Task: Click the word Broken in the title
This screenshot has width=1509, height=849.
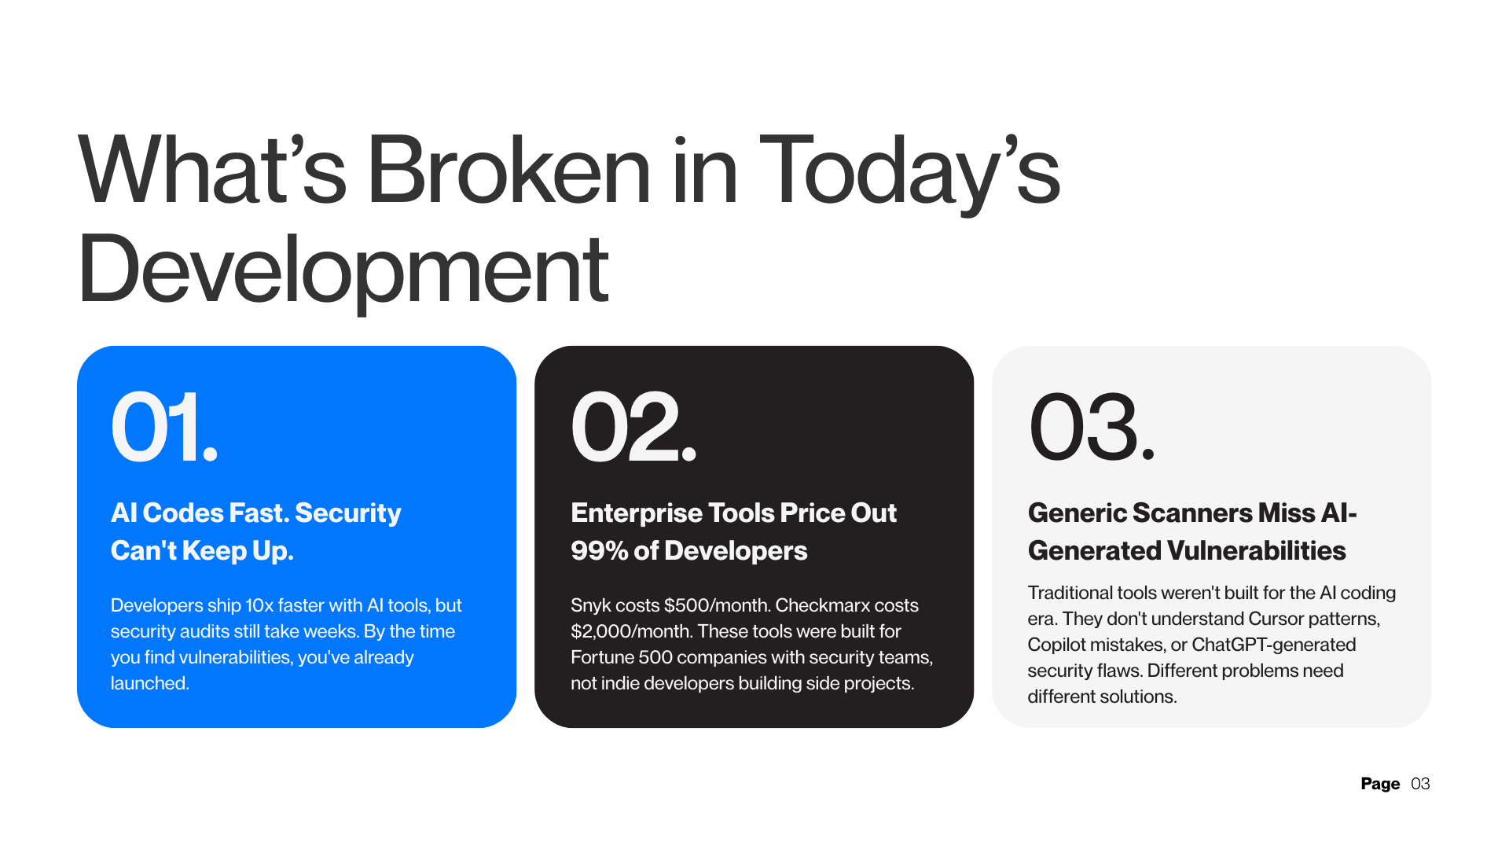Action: (509, 171)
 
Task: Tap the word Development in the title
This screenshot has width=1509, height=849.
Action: (343, 270)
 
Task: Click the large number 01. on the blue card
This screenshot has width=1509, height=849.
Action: (163, 428)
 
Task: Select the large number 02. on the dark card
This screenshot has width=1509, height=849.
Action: (633, 428)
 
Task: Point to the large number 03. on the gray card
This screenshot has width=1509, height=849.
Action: (1091, 428)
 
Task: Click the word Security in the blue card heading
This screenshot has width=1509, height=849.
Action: (348, 513)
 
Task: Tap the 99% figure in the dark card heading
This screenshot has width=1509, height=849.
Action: (599, 551)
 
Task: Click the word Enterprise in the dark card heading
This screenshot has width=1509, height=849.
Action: (636, 513)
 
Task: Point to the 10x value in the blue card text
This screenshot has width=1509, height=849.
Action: (259, 606)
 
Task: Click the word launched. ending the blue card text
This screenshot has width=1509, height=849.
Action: (150, 684)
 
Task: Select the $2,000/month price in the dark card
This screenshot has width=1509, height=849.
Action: (631, 632)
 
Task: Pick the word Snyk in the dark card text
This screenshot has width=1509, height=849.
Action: (590, 606)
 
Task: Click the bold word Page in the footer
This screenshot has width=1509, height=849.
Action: (1380, 784)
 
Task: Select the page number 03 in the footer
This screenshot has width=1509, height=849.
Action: (1420, 784)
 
